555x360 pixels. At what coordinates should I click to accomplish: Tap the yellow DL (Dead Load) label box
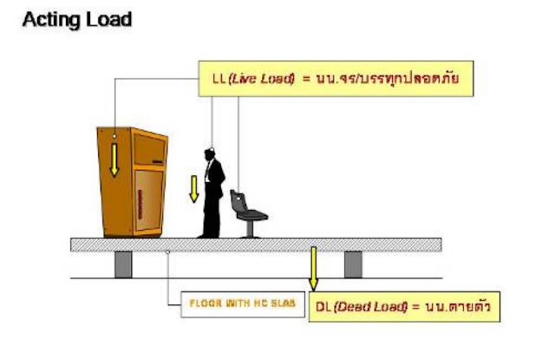click(x=406, y=306)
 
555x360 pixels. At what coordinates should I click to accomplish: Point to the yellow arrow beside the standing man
click(x=194, y=187)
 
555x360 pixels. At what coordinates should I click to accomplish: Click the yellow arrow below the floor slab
click(x=314, y=270)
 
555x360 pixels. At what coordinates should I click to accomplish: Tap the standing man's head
click(x=211, y=154)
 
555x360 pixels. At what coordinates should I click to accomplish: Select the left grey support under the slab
click(x=123, y=263)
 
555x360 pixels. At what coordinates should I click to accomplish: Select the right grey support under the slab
click(x=353, y=263)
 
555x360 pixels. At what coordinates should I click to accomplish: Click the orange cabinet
click(x=132, y=182)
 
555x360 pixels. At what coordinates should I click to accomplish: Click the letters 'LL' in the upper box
click(x=219, y=79)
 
